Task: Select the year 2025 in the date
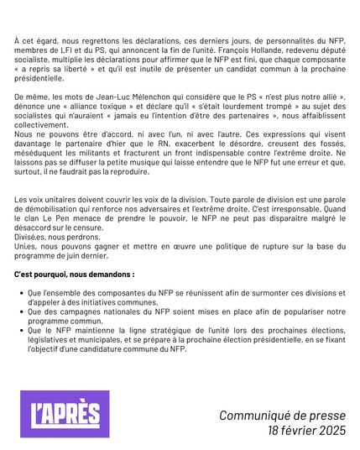tap(328, 432)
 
